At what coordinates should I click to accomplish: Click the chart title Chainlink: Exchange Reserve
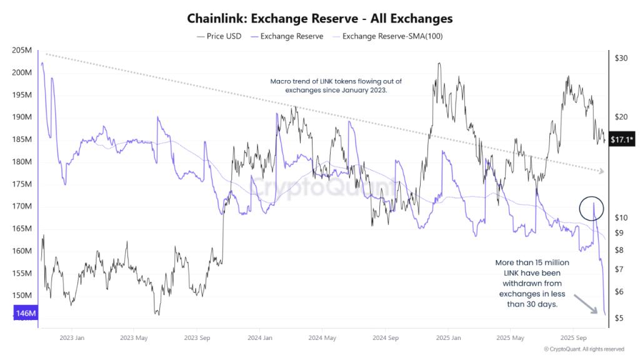319,19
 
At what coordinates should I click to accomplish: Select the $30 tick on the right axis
621,58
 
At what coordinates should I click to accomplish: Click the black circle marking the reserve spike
591,207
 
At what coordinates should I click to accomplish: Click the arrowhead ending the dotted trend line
601,171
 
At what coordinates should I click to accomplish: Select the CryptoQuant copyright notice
584,349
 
